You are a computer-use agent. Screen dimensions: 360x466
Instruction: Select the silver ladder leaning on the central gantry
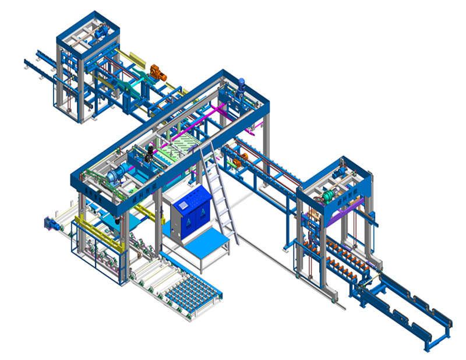tap(218, 192)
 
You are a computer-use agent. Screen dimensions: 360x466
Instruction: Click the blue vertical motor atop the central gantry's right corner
tap(241, 86)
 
